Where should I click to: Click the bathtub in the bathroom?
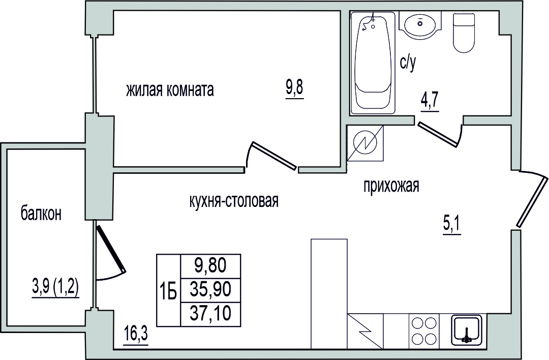click(x=373, y=63)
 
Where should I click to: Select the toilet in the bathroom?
click(x=465, y=33)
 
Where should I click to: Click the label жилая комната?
click(x=170, y=91)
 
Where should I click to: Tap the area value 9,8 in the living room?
click(x=294, y=88)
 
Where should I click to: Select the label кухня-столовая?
click(x=233, y=201)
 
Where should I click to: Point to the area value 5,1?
click(x=452, y=224)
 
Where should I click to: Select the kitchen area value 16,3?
click(x=136, y=335)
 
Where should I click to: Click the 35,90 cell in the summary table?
click(x=210, y=290)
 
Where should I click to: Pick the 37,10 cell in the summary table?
click(x=210, y=312)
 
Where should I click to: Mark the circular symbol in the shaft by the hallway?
click(x=365, y=143)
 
